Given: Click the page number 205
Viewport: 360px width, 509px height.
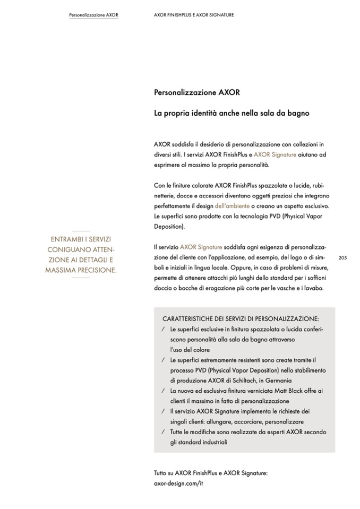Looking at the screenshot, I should click(342, 257).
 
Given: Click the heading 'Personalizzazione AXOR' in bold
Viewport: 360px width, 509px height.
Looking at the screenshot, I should click(197, 92).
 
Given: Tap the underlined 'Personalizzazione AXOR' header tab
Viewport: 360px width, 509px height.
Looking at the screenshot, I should click(93, 15).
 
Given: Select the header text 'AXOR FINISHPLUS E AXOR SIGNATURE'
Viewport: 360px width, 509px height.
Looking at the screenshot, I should click(193, 15).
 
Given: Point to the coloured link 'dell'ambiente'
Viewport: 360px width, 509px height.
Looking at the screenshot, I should click(232, 205).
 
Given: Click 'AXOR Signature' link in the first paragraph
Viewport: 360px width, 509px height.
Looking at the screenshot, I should click(275, 154).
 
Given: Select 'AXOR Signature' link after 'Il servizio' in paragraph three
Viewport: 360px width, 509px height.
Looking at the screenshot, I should click(201, 247).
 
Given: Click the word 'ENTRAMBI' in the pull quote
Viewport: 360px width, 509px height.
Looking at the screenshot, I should click(66, 239).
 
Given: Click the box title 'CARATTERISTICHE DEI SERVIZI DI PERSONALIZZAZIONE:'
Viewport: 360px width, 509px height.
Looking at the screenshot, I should click(241, 319).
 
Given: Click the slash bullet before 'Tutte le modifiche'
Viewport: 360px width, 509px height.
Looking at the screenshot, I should click(162, 432).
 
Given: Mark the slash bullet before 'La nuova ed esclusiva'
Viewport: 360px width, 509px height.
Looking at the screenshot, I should click(162, 391).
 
